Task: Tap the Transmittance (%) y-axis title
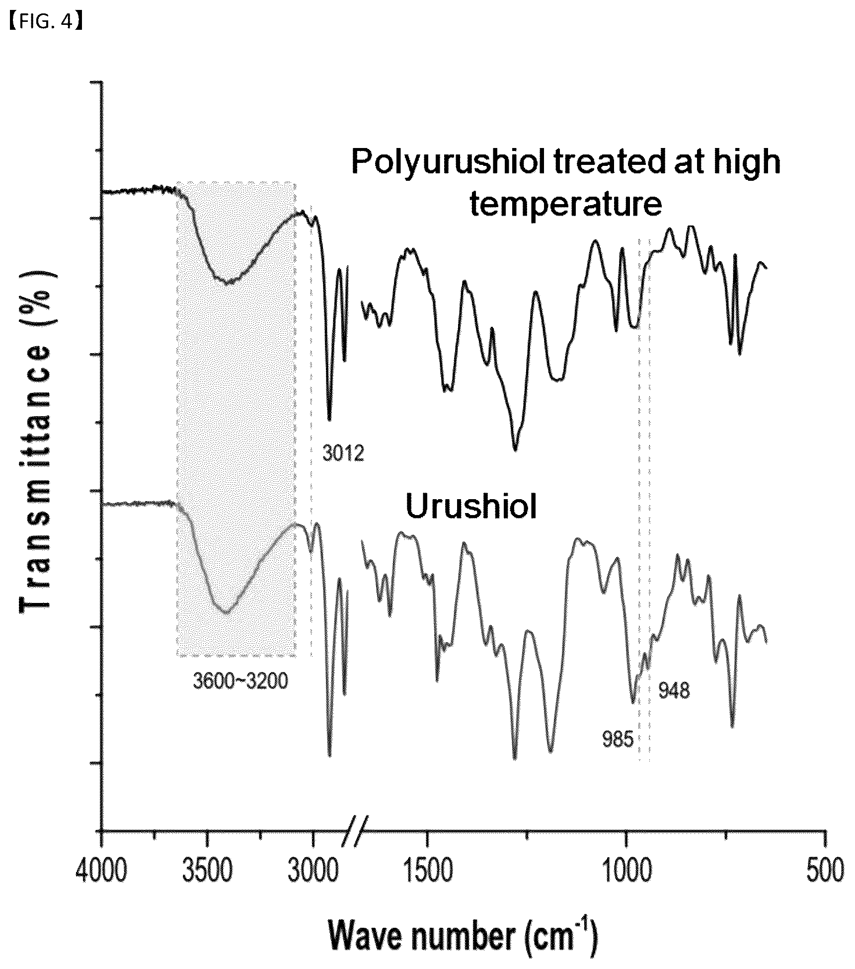point(35,442)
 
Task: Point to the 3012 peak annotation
point(343,453)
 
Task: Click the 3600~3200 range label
point(240,681)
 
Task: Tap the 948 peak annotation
point(674,690)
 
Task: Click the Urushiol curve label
point(471,507)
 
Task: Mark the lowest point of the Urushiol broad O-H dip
point(226,612)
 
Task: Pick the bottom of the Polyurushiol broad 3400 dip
point(228,284)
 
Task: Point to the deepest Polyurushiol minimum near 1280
point(515,450)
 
